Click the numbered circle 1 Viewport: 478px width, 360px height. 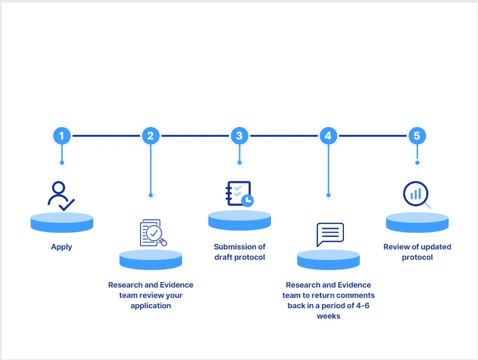(62, 136)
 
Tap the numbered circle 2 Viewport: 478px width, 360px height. (150, 136)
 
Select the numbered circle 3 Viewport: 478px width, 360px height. (239, 136)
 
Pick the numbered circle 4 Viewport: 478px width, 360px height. (328, 136)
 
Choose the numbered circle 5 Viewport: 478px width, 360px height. (417, 136)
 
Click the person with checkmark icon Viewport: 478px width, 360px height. (60, 196)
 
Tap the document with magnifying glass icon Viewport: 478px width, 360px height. (153, 233)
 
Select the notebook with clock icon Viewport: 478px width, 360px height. (239, 194)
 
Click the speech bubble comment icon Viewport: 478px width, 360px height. (330, 235)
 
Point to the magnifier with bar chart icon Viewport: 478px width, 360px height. (417, 195)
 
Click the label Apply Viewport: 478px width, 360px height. (62, 247)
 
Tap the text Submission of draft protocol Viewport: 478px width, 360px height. (239, 252)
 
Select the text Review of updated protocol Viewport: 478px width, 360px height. (417, 252)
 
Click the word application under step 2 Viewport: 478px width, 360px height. (150, 306)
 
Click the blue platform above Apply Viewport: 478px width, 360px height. (62, 222)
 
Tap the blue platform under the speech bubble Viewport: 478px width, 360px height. (328, 259)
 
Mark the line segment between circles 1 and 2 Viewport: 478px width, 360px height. (106, 136)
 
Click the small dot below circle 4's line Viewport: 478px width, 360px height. (328, 194)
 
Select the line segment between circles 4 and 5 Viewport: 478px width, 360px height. (372, 136)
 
